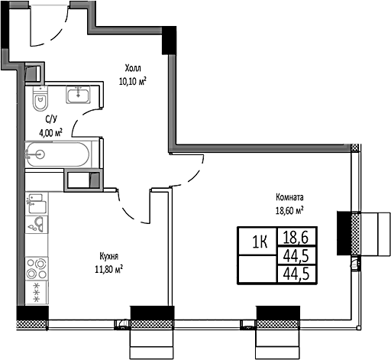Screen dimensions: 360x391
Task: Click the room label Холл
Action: pos(134,67)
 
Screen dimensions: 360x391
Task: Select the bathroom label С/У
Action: pos(52,120)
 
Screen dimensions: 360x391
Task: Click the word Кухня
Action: pos(107,257)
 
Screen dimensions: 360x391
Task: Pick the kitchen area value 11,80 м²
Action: pos(107,268)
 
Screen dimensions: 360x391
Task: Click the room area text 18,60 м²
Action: pos(289,209)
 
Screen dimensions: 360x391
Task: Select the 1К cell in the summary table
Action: pos(260,242)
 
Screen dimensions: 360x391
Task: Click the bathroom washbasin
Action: pos(79,95)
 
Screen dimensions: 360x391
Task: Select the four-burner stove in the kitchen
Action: pos(36,270)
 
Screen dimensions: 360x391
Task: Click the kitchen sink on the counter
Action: pos(36,223)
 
